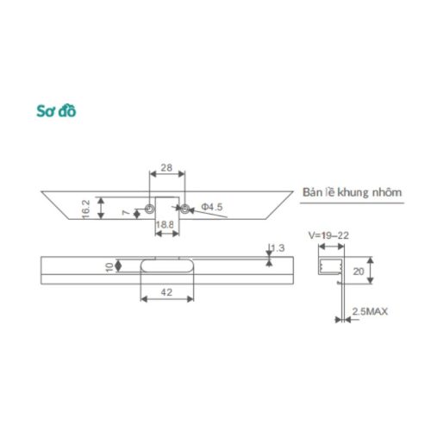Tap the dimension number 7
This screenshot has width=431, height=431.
(x=125, y=212)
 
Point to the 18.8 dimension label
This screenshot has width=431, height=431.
(x=166, y=225)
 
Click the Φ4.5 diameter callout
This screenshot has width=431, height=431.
(x=212, y=207)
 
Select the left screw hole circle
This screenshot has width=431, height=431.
(x=150, y=208)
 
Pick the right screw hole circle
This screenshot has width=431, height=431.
(x=183, y=208)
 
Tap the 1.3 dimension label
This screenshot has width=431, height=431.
(x=278, y=249)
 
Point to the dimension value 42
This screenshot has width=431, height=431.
(x=166, y=294)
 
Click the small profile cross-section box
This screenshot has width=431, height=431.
(x=331, y=268)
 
